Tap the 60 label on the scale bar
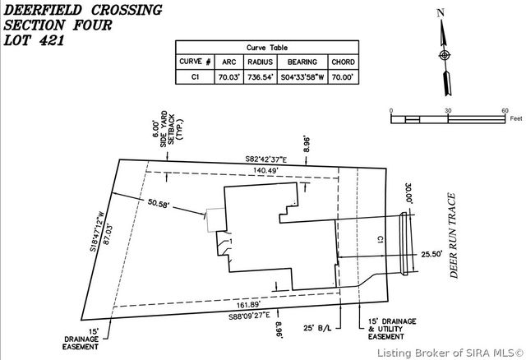click(x=505, y=110)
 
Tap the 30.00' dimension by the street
click(x=406, y=195)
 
